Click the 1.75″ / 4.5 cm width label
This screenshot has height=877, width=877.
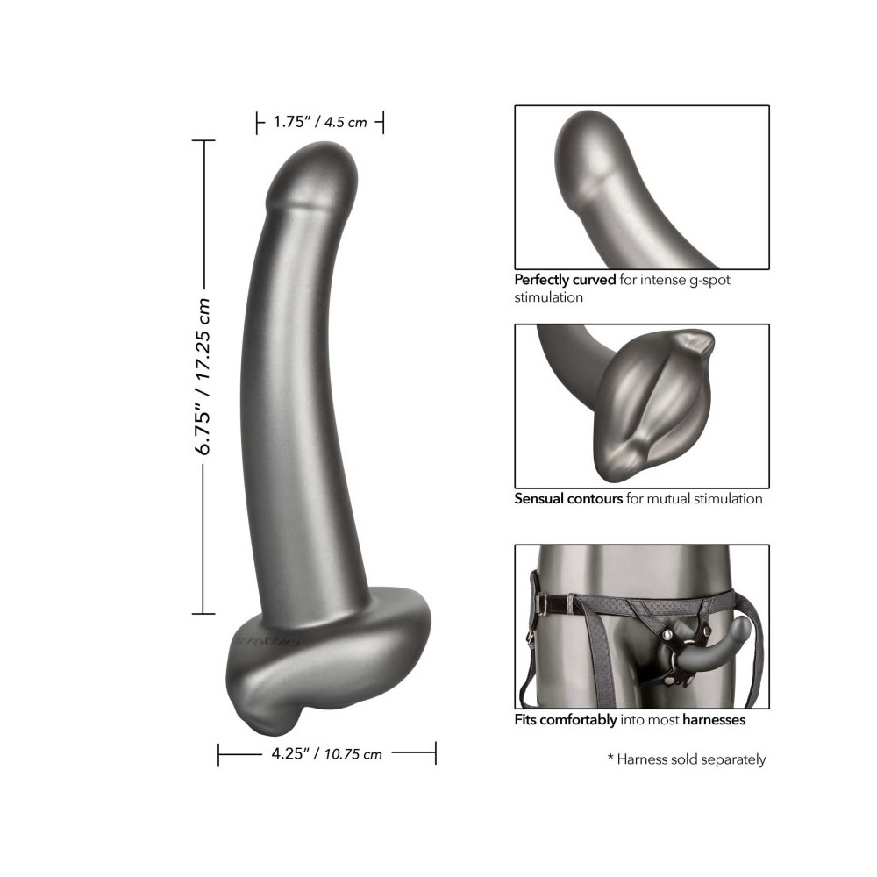coord(320,122)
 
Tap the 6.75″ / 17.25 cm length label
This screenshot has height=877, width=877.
coord(203,376)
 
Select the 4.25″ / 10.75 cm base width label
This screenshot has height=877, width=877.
coord(326,754)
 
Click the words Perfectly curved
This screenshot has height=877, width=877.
coord(565,280)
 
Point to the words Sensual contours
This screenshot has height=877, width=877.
coord(568,498)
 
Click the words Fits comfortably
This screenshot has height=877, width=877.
coord(566,720)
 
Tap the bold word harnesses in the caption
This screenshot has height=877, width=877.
coord(714,720)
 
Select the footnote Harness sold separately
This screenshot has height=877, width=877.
coord(691,759)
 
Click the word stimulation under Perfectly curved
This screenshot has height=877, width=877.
coord(549,297)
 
